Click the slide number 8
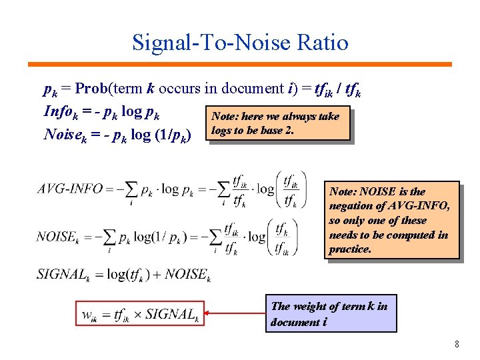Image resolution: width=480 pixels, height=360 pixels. pyautogui.click(x=457, y=344)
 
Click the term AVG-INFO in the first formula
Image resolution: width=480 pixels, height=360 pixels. pyautogui.click(x=70, y=189)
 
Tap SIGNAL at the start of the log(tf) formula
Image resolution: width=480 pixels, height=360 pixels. pyautogui.click(x=63, y=273)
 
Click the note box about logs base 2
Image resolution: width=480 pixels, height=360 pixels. pyautogui.click(x=279, y=123)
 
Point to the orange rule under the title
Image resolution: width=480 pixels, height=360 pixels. pyautogui.click(x=239, y=65)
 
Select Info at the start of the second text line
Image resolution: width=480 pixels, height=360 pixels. pyautogui.click(x=57, y=111)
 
